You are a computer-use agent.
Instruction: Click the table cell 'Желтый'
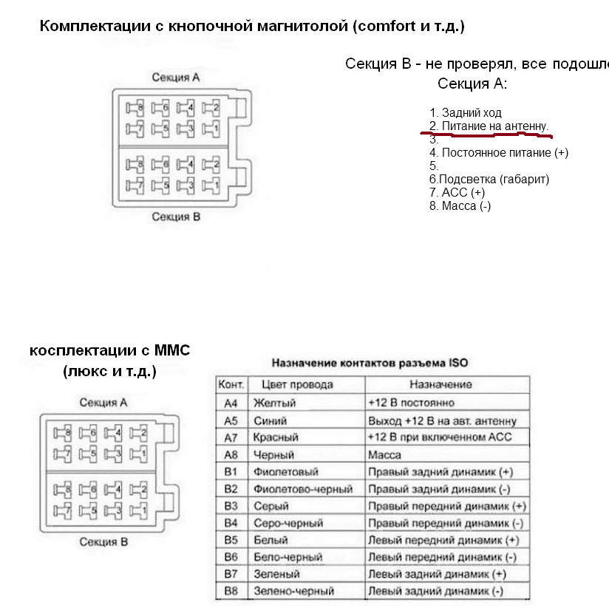tap(274, 404)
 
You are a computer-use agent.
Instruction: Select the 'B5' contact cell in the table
tap(231, 540)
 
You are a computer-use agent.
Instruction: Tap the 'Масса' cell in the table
tap(384, 454)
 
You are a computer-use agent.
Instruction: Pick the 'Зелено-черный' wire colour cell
tap(293, 591)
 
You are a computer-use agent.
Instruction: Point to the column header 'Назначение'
tap(440, 385)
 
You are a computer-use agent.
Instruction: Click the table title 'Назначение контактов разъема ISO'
tap(370, 363)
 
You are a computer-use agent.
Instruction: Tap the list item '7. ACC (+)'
tap(457, 192)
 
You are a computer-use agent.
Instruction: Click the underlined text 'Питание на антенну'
tap(494, 126)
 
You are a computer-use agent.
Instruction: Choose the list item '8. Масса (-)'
tap(460, 206)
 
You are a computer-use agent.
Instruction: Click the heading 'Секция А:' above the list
tap(472, 84)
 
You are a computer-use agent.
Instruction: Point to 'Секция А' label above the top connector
tap(176, 77)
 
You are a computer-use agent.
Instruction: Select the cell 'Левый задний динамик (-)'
tap(436, 591)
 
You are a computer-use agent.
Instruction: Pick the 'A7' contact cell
tap(231, 438)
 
